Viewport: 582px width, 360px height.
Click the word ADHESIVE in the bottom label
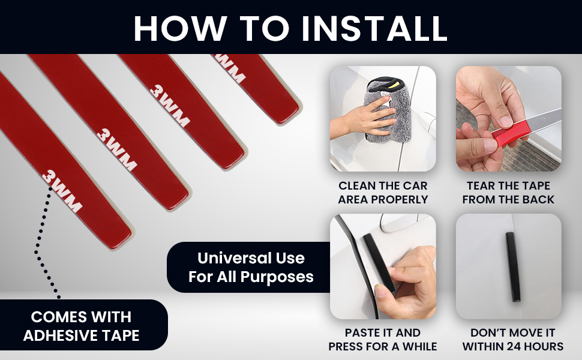(58, 335)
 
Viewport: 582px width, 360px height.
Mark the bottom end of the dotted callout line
(59, 296)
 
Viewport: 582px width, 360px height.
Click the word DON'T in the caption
(485, 332)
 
